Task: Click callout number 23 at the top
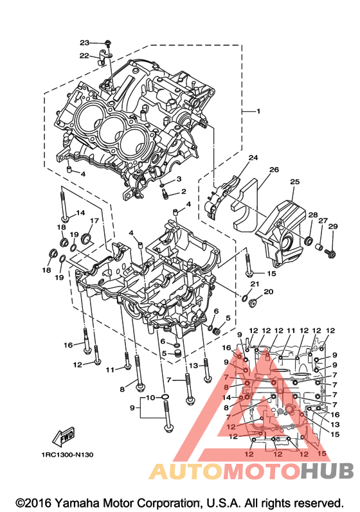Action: (84, 43)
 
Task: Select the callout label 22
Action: (84, 56)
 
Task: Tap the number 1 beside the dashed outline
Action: (258, 111)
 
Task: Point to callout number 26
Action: (274, 170)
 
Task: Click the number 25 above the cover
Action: (294, 182)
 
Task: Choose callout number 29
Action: (333, 226)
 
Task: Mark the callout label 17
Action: (94, 221)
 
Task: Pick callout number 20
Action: (268, 292)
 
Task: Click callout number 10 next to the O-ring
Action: (150, 398)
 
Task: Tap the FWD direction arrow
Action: (64, 437)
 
